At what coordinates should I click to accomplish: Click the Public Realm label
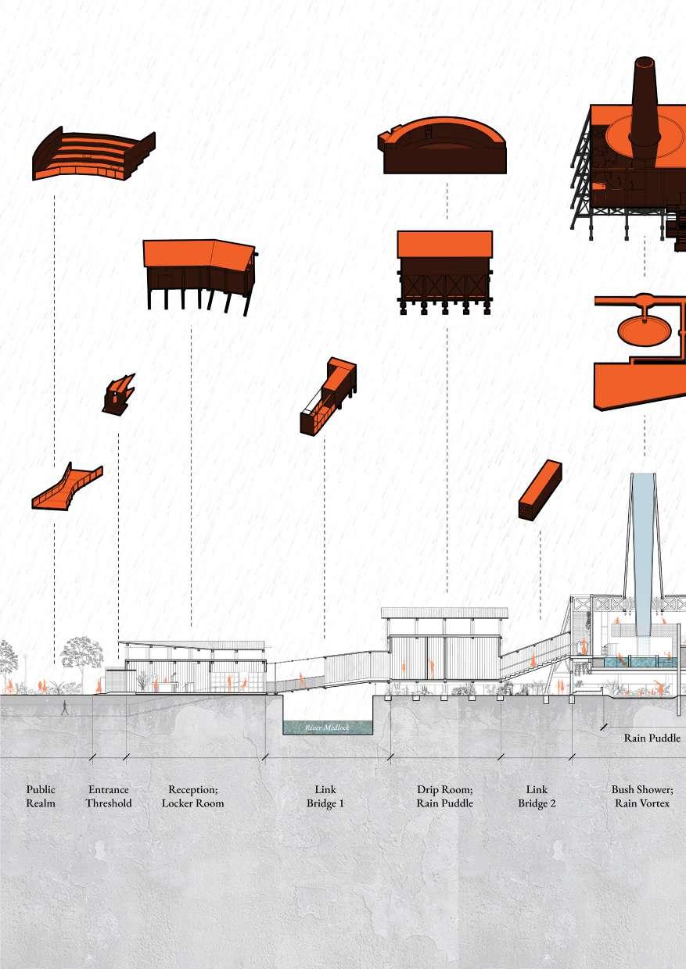[x=41, y=796]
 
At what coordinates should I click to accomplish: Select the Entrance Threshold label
[x=108, y=796]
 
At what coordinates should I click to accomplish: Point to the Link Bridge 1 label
[x=325, y=796]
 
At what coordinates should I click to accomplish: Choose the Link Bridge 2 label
[x=537, y=796]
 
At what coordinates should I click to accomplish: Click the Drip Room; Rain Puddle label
[x=445, y=796]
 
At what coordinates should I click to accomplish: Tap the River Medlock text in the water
[x=327, y=728]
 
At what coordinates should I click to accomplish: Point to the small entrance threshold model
[x=117, y=394]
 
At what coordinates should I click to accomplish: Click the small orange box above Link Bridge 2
[x=541, y=489]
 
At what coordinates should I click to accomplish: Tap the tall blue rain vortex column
[x=644, y=547]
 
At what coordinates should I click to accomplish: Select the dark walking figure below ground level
[x=66, y=708]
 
